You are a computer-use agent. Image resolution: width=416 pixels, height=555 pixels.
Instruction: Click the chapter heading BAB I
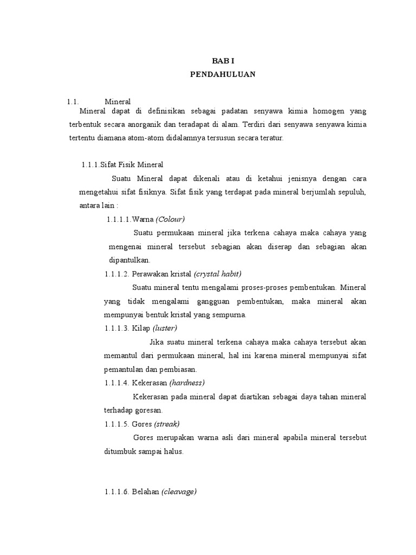(223, 62)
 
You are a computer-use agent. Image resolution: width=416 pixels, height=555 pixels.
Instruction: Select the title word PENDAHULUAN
(223, 75)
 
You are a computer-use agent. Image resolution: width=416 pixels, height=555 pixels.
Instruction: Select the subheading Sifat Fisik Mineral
(132, 164)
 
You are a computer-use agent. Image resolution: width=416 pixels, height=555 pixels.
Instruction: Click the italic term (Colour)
(170, 219)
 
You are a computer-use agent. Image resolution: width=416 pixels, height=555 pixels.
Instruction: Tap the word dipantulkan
(126, 260)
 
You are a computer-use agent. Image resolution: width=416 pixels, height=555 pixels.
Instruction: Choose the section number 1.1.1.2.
(117, 273)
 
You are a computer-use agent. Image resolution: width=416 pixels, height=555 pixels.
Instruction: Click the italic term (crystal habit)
(217, 273)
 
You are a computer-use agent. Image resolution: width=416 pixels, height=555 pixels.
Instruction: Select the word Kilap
(141, 328)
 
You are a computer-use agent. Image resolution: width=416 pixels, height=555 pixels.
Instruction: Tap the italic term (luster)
(165, 328)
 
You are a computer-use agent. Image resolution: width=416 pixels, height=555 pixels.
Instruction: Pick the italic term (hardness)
(187, 383)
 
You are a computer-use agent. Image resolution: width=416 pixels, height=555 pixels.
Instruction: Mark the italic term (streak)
(167, 424)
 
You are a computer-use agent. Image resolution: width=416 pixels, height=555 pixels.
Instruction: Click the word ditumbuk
(120, 451)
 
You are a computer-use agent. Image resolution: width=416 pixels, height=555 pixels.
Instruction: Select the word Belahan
(145, 492)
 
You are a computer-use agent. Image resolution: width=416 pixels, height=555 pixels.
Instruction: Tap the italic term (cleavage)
(179, 492)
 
